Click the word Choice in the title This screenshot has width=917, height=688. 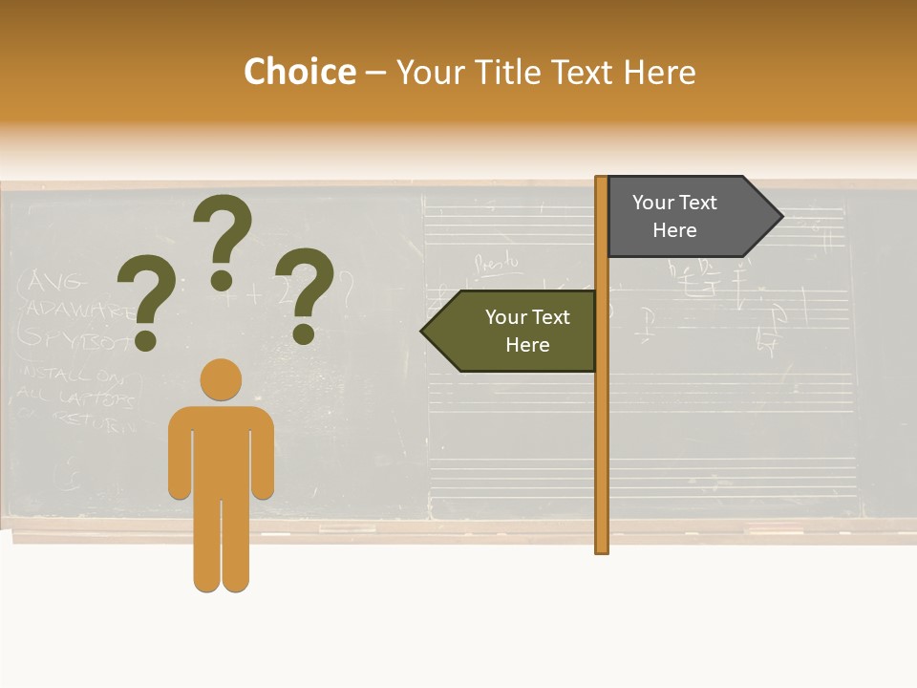(299, 73)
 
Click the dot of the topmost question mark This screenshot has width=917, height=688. (222, 280)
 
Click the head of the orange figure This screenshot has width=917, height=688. (221, 379)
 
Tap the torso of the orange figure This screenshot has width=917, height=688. (221, 449)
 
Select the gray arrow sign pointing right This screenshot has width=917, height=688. (688, 217)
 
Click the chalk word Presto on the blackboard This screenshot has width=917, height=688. (498, 260)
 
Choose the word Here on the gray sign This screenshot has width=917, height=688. (674, 230)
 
